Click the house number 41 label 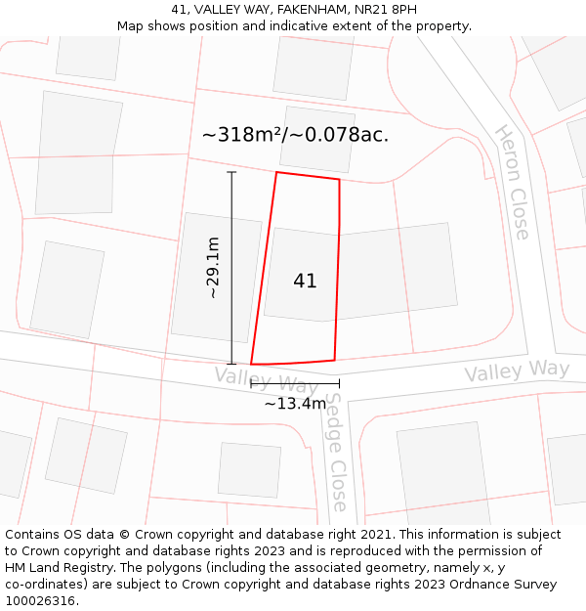pyautogui.click(x=305, y=282)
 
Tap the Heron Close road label pyautogui.click(x=512, y=182)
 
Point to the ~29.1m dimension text pyautogui.click(x=212, y=268)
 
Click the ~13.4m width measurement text pyautogui.click(x=295, y=403)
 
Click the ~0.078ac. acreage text pyautogui.click(x=344, y=135)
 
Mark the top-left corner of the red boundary pyautogui.click(x=276, y=173)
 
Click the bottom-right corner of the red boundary pyautogui.click(x=335, y=360)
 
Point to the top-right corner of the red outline pyautogui.click(x=339, y=180)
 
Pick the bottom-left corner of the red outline pyautogui.click(x=252, y=364)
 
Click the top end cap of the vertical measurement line pyautogui.click(x=231, y=172)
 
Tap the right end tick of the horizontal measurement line pyautogui.click(x=339, y=383)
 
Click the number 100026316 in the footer pyautogui.click(x=40, y=601)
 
